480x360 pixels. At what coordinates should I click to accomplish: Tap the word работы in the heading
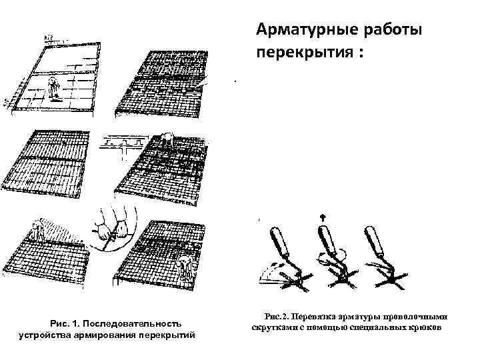(x=388, y=31)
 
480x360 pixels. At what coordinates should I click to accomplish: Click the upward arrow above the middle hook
(x=324, y=217)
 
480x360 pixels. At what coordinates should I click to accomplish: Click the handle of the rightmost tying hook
(x=373, y=242)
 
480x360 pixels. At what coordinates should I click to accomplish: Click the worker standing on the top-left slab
(x=53, y=87)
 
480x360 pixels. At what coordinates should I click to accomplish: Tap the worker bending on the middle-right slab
(x=166, y=140)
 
